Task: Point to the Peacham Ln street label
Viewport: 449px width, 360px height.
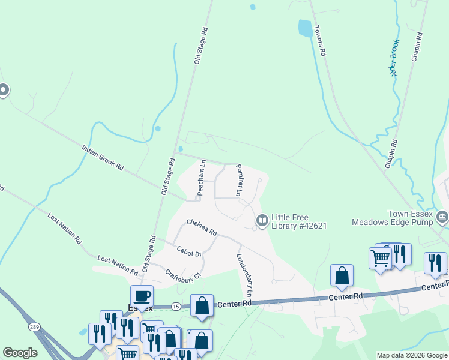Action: pyautogui.click(x=202, y=177)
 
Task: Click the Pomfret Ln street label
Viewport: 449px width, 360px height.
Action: pyautogui.click(x=239, y=181)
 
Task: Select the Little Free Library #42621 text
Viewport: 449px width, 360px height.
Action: pyautogui.click(x=299, y=221)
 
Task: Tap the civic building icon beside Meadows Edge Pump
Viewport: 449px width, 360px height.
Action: pyautogui.click(x=442, y=217)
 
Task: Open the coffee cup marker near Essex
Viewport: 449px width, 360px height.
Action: pyautogui.click(x=142, y=296)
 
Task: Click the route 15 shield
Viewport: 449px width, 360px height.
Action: pyautogui.click(x=175, y=306)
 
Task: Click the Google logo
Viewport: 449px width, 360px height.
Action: pyautogui.click(x=20, y=353)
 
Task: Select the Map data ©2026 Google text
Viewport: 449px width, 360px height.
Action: pyautogui.click(x=412, y=355)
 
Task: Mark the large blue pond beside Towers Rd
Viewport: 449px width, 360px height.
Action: pyautogui.click(x=305, y=28)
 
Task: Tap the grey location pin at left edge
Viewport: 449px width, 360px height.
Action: pyautogui.click(x=4, y=91)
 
